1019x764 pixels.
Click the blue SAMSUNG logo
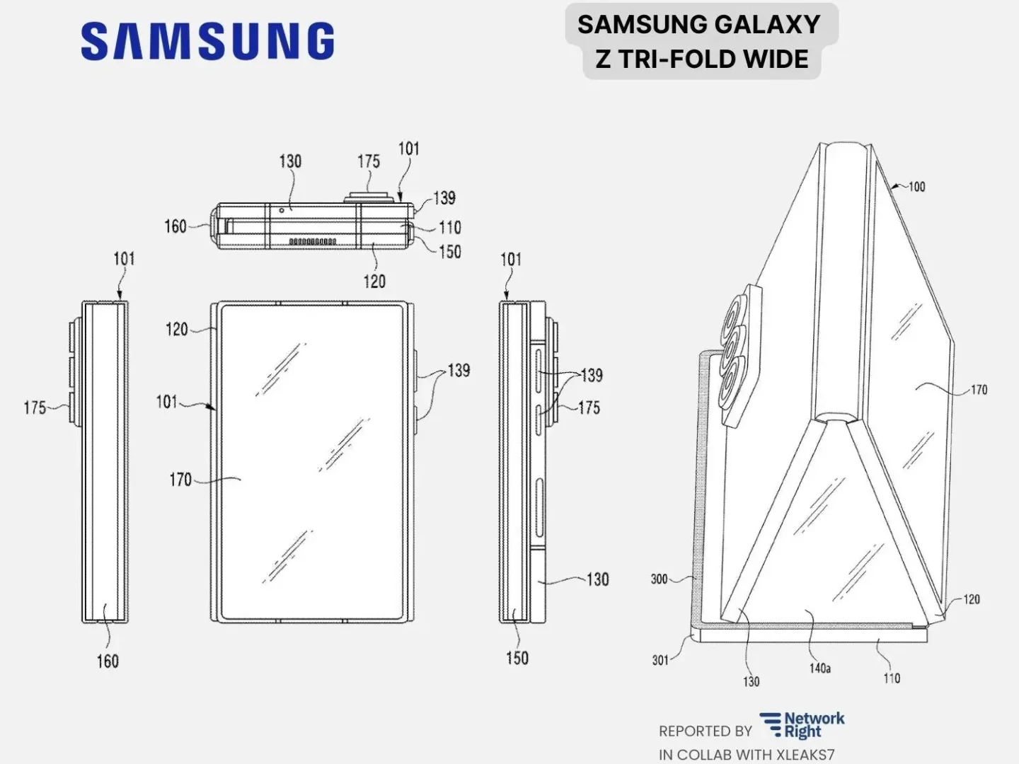pyautogui.click(x=207, y=41)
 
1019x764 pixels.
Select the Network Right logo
pyautogui.click(x=802, y=726)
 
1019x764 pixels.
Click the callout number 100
pyautogui.click(x=916, y=187)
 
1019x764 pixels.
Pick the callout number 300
pyautogui.click(x=659, y=579)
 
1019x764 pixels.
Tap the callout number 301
pyautogui.click(x=660, y=660)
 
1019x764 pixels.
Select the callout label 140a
pyautogui.click(x=819, y=668)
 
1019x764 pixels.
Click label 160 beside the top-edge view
pyautogui.click(x=175, y=226)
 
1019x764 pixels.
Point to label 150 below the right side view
pyautogui.click(x=517, y=658)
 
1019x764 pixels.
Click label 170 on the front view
pyautogui.click(x=180, y=480)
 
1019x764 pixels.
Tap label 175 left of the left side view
pyautogui.click(x=35, y=407)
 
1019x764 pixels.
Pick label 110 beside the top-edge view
pyautogui.click(x=449, y=228)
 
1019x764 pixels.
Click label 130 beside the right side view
pyautogui.click(x=597, y=579)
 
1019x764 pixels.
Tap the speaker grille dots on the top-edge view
pyautogui.click(x=312, y=242)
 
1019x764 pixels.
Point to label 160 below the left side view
pyautogui.click(x=108, y=661)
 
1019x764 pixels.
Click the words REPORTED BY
pyautogui.click(x=705, y=731)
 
